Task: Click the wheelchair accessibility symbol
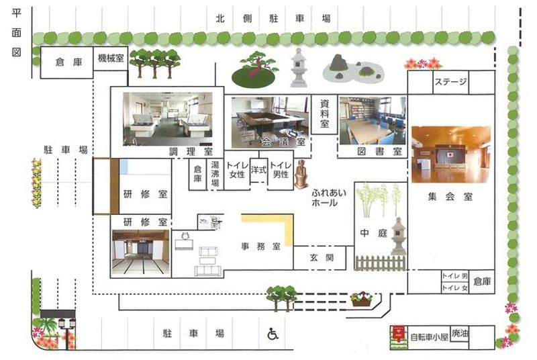pos(273,334)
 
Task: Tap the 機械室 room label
pos(111,58)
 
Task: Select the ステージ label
pos(450,82)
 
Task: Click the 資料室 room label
pos(324,114)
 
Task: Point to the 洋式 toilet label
pos(258,169)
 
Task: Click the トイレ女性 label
pos(237,170)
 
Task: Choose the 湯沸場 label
pos(215,174)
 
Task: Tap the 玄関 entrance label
pos(322,258)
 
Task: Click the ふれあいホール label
pos(329,197)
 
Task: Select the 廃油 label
pos(459,333)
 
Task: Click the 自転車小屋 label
pos(429,337)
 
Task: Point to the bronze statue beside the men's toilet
pos(301,174)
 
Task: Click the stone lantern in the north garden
pos(299,67)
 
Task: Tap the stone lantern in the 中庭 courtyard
pos(398,236)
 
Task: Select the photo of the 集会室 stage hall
pos(450,154)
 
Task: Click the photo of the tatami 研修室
pos(141,253)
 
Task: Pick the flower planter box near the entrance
pos(362,299)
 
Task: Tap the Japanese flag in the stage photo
pos(450,155)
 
